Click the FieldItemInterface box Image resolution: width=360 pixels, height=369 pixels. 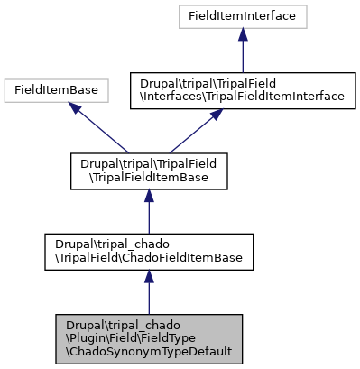coord(242,15)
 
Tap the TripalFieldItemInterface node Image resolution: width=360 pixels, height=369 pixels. coord(242,89)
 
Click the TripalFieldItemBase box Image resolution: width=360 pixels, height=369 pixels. coord(148,170)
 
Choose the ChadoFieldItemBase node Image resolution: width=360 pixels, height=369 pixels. coord(148,252)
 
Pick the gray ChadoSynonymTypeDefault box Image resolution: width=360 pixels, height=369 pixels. coord(148,338)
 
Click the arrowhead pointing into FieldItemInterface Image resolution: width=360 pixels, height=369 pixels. coord(242,32)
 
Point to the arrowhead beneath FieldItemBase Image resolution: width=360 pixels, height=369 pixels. coord(77,108)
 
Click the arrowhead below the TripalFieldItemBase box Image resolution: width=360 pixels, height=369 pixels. coord(148,197)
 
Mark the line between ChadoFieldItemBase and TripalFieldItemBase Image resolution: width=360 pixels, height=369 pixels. coord(148,217)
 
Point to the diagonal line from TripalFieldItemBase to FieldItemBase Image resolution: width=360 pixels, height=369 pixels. coord(101,130)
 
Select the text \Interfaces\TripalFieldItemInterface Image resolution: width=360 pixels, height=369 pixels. coord(242,96)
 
